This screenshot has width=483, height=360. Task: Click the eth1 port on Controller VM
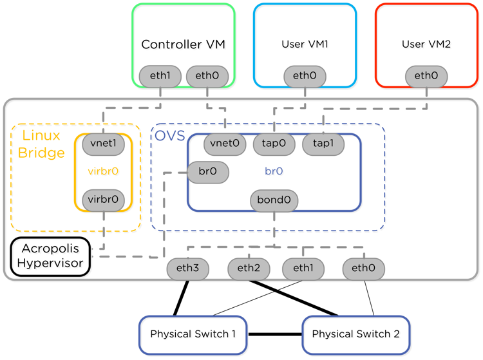tap(160, 76)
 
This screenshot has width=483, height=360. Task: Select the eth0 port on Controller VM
tap(207, 76)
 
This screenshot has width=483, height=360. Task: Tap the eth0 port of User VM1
tap(305, 76)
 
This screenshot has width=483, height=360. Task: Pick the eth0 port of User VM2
tap(426, 76)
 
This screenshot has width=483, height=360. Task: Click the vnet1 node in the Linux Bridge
tap(103, 143)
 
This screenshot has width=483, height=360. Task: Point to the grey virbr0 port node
tap(103, 200)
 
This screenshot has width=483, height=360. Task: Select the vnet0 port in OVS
tap(225, 143)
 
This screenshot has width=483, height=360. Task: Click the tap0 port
tap(274, 143)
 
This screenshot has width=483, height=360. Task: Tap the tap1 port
tap(323, 143)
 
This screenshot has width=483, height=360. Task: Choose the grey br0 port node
tap(207, 172)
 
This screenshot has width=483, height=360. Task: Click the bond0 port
tap(274, 200)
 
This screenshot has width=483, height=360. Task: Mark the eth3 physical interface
tap(187, 268)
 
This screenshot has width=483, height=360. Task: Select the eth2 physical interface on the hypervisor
tap(249, 268)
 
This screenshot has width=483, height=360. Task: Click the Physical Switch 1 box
tap(193, 334)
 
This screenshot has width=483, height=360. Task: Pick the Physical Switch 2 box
tap(355, 334)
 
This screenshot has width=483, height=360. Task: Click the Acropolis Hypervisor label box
tap(50, 256)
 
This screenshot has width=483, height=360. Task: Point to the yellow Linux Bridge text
tap(43, 144)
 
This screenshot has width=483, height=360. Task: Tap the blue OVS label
tap(169, 136)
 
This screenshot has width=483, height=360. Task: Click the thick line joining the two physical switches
tap(274, 334)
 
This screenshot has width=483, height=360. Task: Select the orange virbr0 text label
tap(103, 172)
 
